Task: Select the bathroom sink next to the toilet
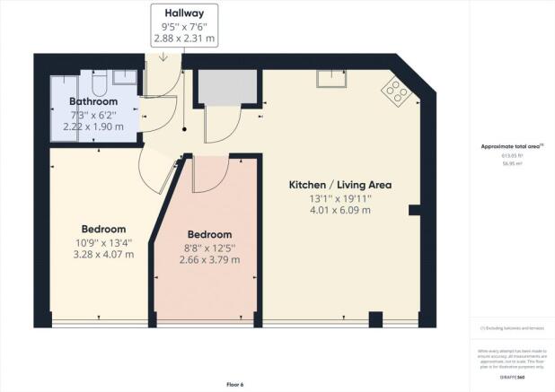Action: (x=125, y=78)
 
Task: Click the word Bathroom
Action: (x=94, y=101)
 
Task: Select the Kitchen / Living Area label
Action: (x=339, y=185)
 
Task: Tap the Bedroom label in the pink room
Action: (x=209, y=234)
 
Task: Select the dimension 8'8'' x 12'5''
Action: (x=209, y=248)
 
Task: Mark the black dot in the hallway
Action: (x=184, y=129)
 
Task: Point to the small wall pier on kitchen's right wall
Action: (x=414, y=210)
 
